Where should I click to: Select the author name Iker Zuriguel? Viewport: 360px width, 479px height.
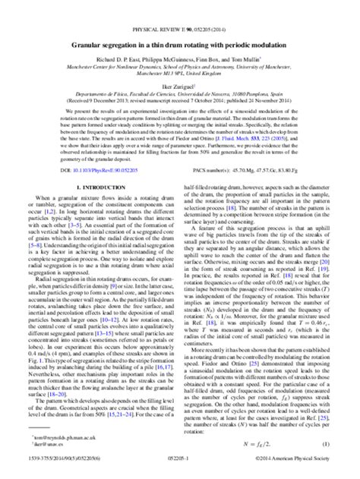click(x=179, y=66)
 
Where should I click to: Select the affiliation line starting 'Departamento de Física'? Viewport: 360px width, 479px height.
click(x=180, y=74)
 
